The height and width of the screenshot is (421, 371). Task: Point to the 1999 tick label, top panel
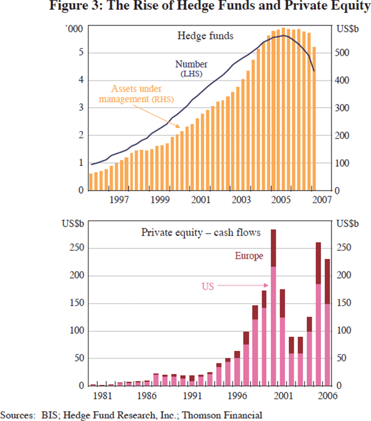pos(160,200)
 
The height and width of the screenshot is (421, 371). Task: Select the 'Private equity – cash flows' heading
pos(200,233)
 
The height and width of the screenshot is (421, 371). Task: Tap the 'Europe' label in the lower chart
pos(249,256)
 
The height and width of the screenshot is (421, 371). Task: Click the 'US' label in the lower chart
pos(209,286)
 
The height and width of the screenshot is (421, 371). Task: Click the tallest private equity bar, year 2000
pos(273,310)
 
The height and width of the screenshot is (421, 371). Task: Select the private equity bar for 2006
pos(327,322)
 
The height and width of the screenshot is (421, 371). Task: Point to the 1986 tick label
pos(146,395)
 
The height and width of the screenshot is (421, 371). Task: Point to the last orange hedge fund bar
pos(314,118)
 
